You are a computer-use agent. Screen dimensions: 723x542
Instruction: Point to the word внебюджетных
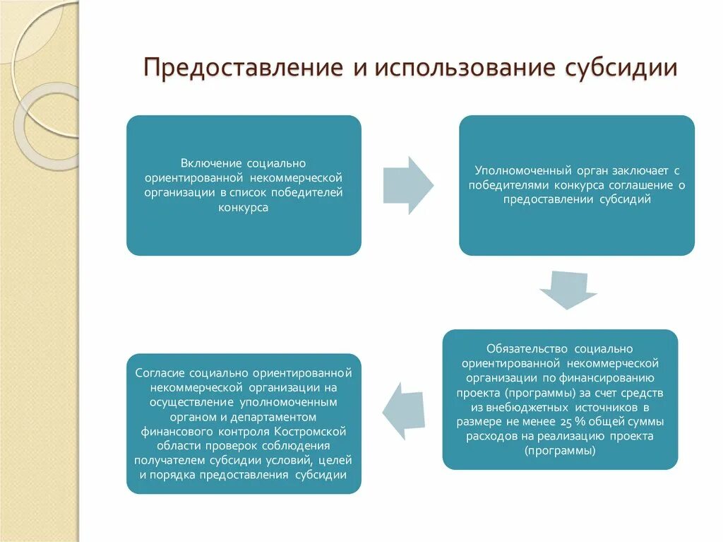point(522,408)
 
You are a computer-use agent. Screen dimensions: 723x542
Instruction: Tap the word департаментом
point(282,416)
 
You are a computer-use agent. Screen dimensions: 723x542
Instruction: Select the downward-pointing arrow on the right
point(568,290)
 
